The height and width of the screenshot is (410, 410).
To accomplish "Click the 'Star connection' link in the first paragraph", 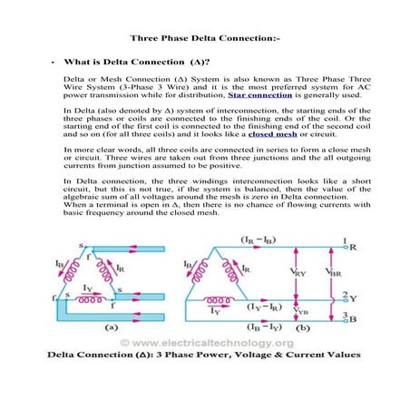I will (x=254, y=93).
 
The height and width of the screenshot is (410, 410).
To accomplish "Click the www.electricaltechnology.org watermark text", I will (x=206, y=367).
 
